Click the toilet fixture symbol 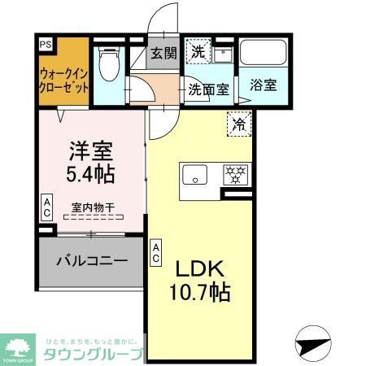(107, 63)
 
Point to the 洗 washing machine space (198, 51)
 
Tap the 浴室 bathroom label (263, 85)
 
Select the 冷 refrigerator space (240, 124)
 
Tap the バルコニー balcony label (91, 261)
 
